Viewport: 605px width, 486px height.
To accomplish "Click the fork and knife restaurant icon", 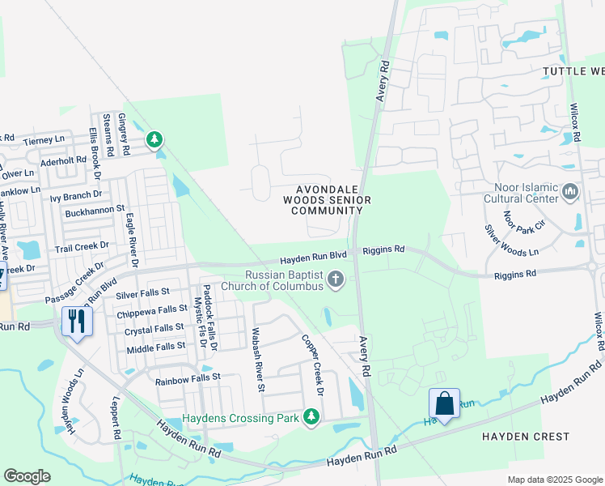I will click(78, 321).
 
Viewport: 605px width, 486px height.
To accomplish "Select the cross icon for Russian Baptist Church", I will click(336, 280).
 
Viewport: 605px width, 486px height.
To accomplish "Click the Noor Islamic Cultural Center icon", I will click(571, 191).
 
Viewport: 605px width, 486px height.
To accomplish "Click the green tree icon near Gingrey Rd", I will click(154, 140).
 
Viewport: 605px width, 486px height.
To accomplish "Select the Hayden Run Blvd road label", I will click(317, 260).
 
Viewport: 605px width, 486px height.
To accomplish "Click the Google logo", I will click(27, 476).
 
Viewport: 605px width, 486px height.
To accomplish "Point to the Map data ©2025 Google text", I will click(554, 480).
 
